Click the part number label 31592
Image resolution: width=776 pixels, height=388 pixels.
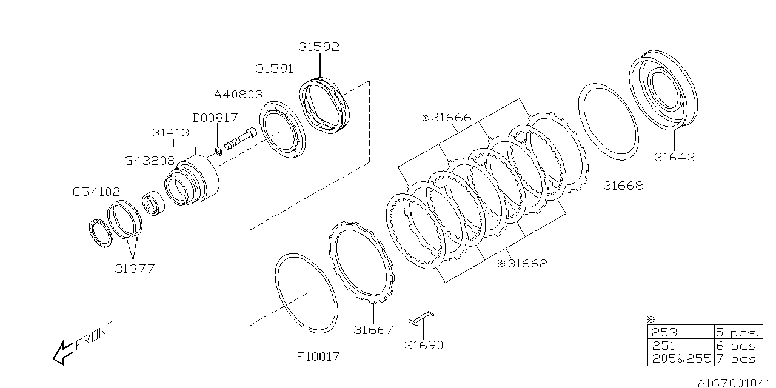[319, 47]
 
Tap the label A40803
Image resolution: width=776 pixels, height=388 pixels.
[238, 95]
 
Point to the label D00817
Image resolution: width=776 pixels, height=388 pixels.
[215, 118]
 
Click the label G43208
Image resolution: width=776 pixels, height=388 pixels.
[149, 161]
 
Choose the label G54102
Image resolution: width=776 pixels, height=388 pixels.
[96, 192]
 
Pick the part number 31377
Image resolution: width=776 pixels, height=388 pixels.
[134, 269]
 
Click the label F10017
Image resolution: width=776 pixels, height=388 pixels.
[318, 356]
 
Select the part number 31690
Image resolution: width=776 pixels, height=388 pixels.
[424, 345]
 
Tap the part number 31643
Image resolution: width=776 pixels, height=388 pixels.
[674, 158]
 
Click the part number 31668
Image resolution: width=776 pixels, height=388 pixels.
[623, 186]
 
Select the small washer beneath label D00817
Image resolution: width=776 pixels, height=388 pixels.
[219, 150]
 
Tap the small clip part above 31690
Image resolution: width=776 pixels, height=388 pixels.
[422, 317]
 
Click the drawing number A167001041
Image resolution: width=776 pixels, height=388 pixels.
[734, 383]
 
